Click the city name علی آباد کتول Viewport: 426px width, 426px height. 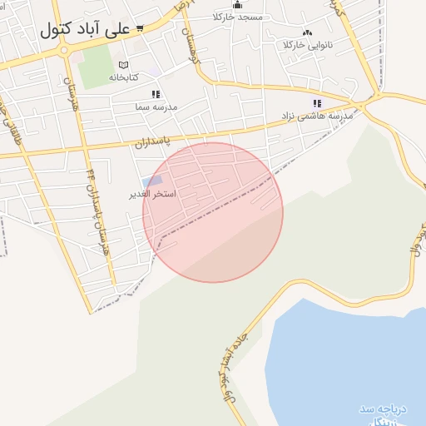(85, 29)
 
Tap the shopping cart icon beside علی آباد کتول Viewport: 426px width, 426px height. (139, 27)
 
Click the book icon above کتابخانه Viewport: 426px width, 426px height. (124, 65)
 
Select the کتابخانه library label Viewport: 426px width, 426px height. (124, 77)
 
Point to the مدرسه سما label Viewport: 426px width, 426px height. (156, 106)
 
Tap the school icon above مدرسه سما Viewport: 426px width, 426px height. (155, 95)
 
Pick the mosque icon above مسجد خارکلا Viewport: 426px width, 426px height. (237, 5)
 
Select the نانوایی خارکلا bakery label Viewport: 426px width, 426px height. (308, 44)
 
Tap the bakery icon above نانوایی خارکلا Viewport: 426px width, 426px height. (308, 32)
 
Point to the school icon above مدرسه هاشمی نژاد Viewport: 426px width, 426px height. (316, 103)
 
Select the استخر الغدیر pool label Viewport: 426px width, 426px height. (151, 194)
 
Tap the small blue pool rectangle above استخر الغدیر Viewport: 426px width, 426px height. (152, 181)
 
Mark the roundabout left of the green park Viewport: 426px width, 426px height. (63, 51)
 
